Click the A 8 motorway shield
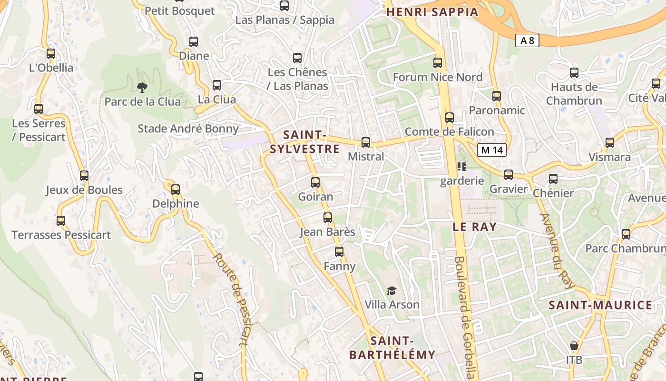click(x=527, y=40)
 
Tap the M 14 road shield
click(x=491, y=150)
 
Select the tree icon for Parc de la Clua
click(x=142, y=87)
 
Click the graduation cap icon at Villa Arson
click(x=392, y=291)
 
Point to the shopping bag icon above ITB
click(x=574, y=345)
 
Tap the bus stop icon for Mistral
click(x=366, y=142)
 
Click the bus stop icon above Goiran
click(x=315, y=182)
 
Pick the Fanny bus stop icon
click(x=339, y=252)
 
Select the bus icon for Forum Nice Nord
click(x=438, y=63)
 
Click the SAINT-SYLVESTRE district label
click(x=305, y=142)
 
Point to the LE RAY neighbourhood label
click(x=474, y=227)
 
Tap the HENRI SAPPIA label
click(x=432, y=12)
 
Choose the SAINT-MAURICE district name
click(x=600, y=305)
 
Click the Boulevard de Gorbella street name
click(x=465, y=317)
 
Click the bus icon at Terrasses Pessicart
click(x=61, y=221)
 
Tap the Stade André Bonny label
click(x=188, y=129)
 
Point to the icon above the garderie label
click(x=461, y=167)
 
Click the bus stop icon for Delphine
click(x=176, y=190)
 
